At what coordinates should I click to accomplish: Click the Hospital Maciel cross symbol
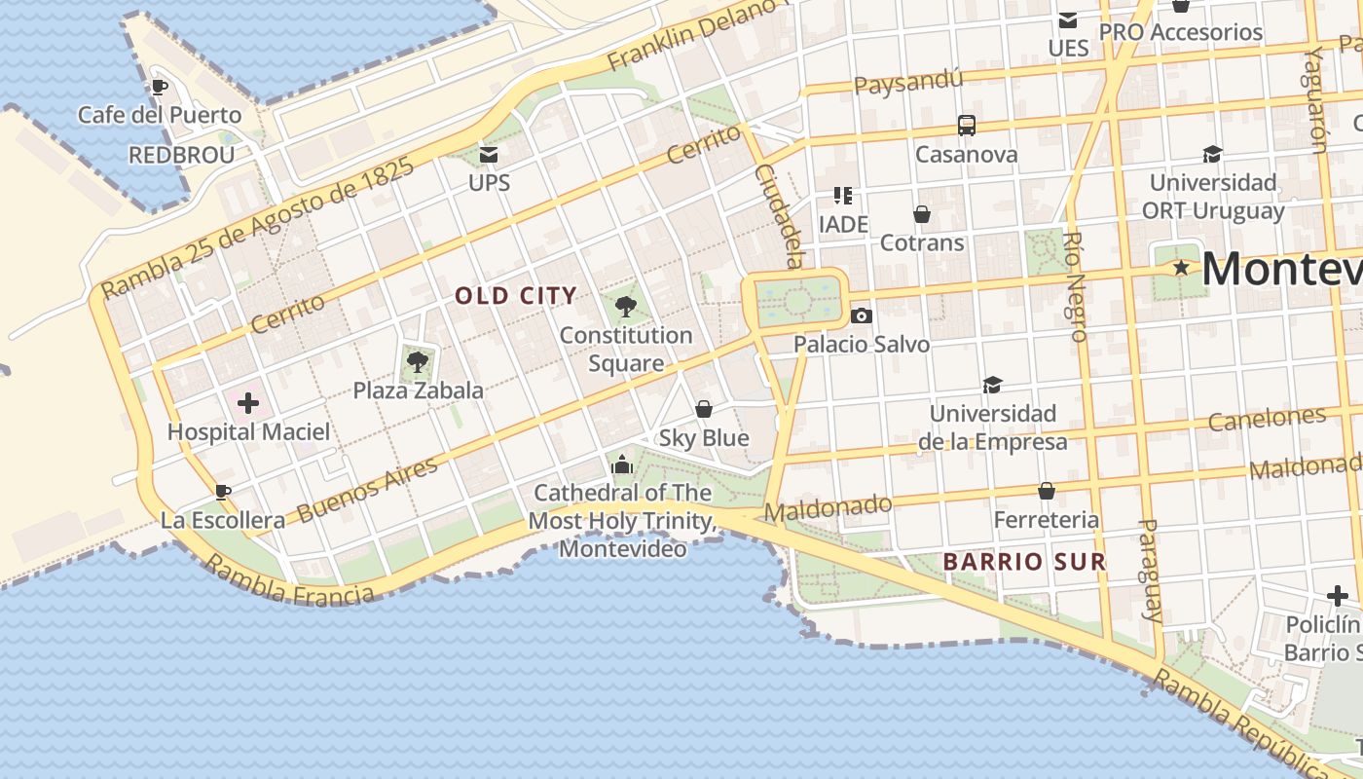click(248, 402)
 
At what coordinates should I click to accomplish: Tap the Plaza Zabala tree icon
click(418, 362)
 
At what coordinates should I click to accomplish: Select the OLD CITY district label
click(516, 296)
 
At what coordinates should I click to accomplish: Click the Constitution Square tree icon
click(626, 308)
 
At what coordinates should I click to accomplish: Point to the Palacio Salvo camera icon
click(861, 315)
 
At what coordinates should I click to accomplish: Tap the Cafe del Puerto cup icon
click(160, 87)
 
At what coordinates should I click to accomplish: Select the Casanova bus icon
click(967, 126)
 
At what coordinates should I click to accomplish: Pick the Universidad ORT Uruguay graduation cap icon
click(1212, 154)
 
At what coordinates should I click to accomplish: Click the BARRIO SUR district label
click(1024, 562)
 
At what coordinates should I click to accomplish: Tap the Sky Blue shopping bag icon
click(704, 409)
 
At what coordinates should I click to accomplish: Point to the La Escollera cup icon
click(223, 492)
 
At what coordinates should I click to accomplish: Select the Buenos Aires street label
click(368, 489)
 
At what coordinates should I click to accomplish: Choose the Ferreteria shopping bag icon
click(1047, 491)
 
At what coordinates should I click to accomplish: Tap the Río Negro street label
click(1075, 286)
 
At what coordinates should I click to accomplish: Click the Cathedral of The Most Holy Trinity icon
click(622, 464)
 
